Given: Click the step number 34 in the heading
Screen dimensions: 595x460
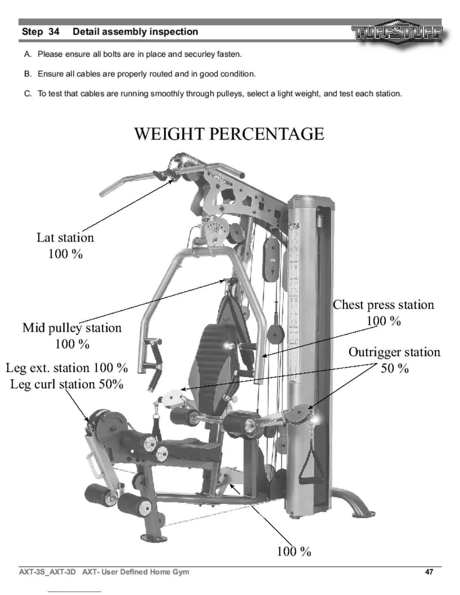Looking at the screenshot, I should click(54, 32).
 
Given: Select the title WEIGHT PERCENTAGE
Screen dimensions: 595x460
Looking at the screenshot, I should click(229, 134).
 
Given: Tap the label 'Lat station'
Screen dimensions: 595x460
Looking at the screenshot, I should click(65, 238).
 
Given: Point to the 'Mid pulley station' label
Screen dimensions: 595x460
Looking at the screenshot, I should click(72, 328).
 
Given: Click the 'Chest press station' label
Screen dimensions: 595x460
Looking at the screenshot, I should click(383, 305).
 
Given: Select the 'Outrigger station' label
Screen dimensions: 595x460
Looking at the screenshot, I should click(394, 352).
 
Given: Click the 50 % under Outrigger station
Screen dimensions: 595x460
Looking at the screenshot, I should click(395, 368).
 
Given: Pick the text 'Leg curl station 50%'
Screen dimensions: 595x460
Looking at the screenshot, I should click(67, 384).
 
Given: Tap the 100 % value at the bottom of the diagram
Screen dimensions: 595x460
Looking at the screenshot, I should click(294, 551).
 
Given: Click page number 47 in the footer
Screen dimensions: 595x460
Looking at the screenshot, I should click(429, 572).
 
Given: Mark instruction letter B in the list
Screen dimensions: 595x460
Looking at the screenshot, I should click(27, 74).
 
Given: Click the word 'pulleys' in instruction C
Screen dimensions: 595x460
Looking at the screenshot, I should click(230, 94).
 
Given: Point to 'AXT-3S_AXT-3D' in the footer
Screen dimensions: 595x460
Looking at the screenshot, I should click(47, 572).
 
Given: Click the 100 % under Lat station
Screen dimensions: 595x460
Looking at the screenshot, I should click(65, 254).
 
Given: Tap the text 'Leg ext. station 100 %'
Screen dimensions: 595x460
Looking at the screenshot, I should click(67, 368).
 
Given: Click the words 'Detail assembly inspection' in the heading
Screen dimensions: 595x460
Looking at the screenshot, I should click(135, 32).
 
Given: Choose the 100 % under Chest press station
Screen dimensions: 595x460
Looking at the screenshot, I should click(384, 321).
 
